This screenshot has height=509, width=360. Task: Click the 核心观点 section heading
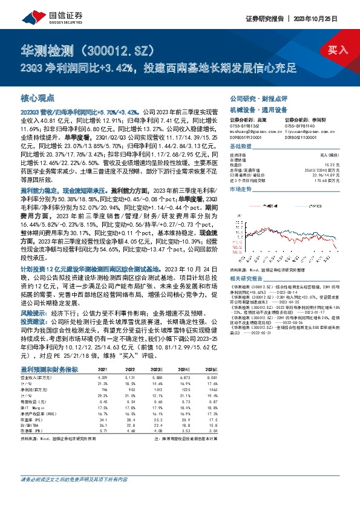tap(37, 97)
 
